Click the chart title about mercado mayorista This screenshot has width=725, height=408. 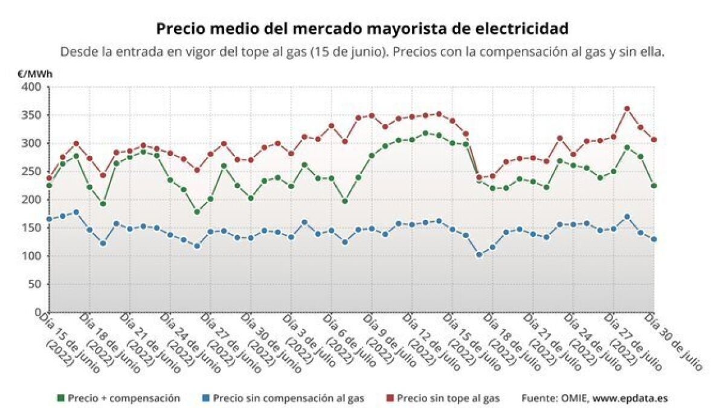[362, 29]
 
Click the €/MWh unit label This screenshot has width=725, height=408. [34, 74]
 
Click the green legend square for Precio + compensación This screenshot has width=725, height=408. [60, 398]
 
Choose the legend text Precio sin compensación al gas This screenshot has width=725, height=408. [289, 398]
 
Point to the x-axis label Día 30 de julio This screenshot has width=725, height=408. [674, 342]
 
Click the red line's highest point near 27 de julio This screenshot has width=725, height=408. [627, 109]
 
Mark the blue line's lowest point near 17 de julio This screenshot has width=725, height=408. [479, 255]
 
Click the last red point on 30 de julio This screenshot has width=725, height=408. [654, 140]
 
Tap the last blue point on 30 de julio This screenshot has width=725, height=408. [654, 239]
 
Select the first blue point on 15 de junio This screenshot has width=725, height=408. [49, 219]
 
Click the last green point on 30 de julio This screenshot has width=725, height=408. [654, 186]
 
